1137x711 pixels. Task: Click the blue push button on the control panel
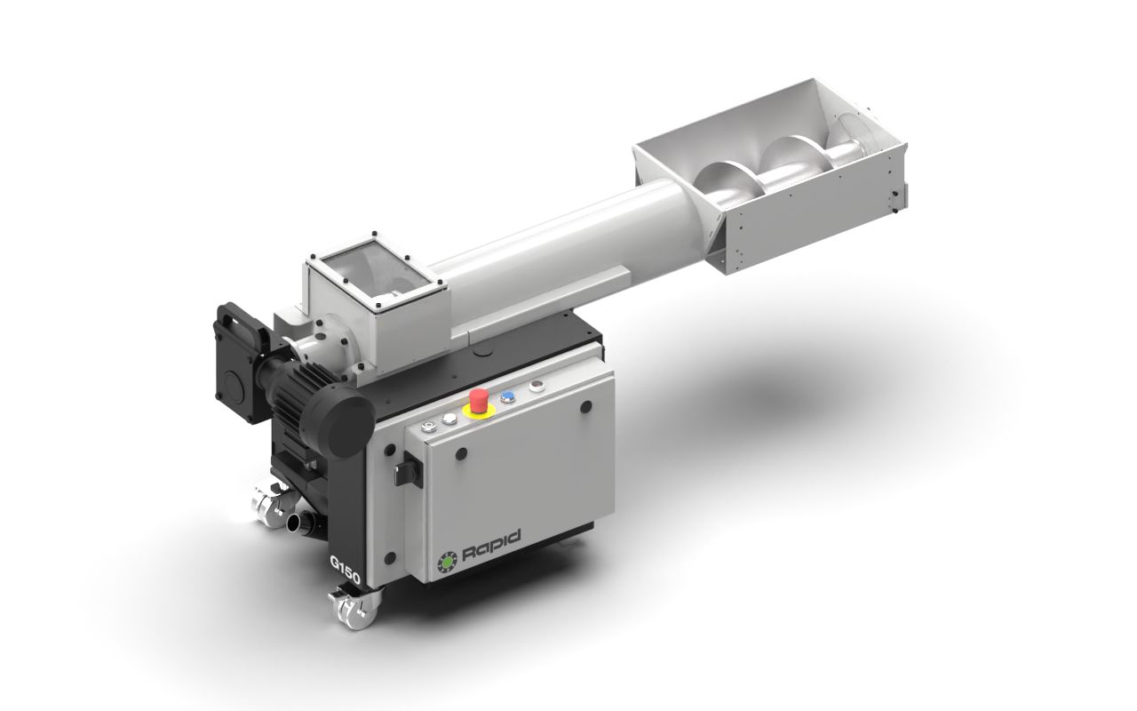[x=507, y=397]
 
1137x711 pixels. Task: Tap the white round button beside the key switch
[x=449, y=419]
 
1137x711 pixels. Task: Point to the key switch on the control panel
[x=428, y=427]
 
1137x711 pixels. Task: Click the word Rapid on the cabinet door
[x=492, y=547]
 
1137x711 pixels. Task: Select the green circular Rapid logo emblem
[x=447, y=561]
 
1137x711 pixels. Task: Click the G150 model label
[x=346, y=569]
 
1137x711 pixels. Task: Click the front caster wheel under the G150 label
[x=352, y=609]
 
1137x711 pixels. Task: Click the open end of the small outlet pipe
[x=293, y=522]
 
